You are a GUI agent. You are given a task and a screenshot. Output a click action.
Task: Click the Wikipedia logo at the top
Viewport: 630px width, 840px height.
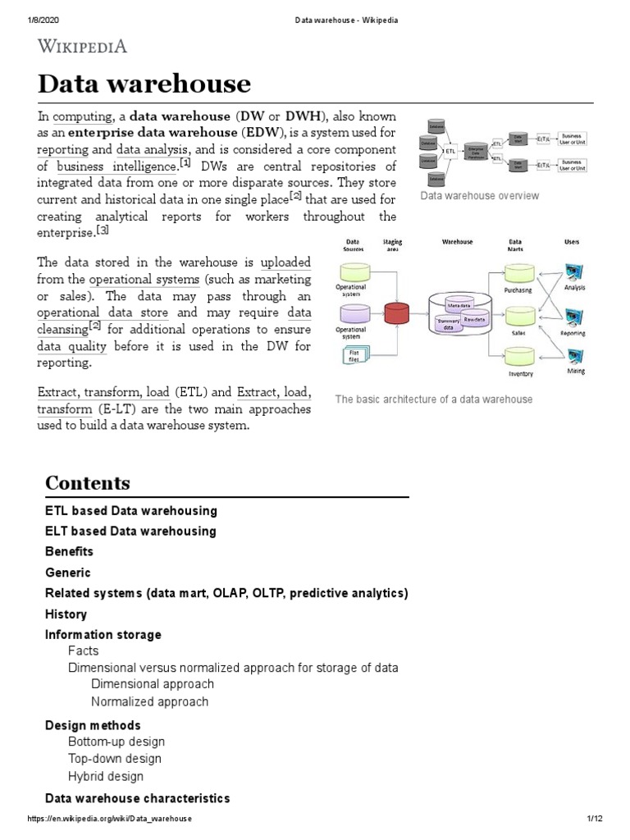83,47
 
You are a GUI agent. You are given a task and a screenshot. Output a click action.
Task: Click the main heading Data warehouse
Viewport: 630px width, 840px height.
144,84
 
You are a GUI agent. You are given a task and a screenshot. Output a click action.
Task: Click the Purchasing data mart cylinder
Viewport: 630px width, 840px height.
519,272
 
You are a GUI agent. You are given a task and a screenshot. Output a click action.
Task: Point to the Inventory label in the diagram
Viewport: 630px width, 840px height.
520,374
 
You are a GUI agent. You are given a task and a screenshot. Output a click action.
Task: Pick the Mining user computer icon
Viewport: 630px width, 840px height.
576,354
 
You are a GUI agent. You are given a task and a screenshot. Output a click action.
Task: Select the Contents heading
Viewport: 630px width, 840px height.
88,482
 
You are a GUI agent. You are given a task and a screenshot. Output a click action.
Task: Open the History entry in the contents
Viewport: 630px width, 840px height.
66,614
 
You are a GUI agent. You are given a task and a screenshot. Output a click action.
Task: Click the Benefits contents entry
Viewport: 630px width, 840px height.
69,551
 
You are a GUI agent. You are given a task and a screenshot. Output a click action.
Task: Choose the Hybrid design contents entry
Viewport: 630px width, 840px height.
106,776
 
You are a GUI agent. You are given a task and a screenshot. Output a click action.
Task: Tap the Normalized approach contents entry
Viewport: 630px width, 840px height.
149,701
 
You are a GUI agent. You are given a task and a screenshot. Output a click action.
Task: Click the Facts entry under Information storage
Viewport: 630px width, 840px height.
84,651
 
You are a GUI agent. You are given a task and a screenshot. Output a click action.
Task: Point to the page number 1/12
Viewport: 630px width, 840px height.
595,819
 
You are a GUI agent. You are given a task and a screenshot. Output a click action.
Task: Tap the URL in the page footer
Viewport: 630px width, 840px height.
110,819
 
